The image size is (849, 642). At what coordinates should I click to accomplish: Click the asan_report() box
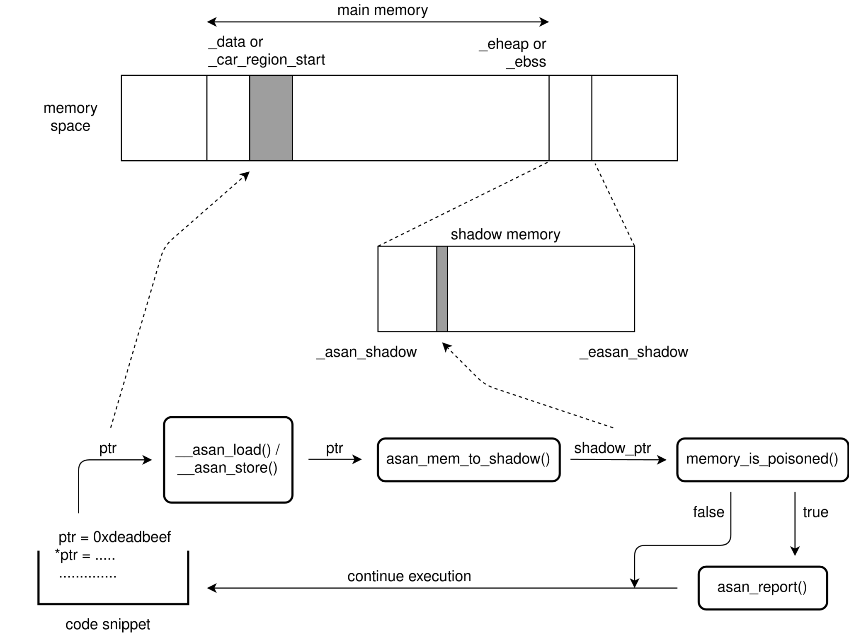[x=762, y=588]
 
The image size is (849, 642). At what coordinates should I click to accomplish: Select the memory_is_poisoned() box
[x=762, y=459]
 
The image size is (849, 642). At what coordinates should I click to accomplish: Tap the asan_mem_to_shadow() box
[x=468, y=459]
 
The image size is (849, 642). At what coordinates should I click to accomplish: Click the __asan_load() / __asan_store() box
[x=228, y=459]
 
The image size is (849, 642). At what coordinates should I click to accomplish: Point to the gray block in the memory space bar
[x=271, y=118]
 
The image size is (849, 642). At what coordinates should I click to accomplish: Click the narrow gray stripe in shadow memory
[x=442, y=289]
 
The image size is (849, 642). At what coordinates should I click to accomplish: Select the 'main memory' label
[x=382, y=10]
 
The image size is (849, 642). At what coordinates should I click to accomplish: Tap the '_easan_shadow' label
[x=633, y=352]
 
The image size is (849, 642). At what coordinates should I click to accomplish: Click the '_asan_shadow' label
[x=366, y=352]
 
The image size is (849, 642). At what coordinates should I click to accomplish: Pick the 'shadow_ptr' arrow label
[x=612, y=448]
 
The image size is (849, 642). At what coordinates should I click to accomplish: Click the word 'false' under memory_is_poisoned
[x=708, y=512]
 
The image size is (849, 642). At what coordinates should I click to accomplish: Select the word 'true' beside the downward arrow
[x=815, y=512]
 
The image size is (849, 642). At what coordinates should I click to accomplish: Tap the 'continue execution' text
[x=409, y=577]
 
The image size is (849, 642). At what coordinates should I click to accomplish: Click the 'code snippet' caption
[x=108, y=624]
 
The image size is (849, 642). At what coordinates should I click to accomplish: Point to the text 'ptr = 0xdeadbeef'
[x=114, y=537]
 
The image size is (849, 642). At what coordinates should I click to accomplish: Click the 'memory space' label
[x=70, y=117]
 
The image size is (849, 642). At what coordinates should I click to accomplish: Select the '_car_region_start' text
[x=267, y=60]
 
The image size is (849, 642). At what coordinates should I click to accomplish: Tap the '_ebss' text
[x=526, y=62]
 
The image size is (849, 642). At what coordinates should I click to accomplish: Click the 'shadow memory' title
[x=505, y=235]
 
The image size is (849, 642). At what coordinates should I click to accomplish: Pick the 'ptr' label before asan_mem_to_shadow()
[x=334, y=448]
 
